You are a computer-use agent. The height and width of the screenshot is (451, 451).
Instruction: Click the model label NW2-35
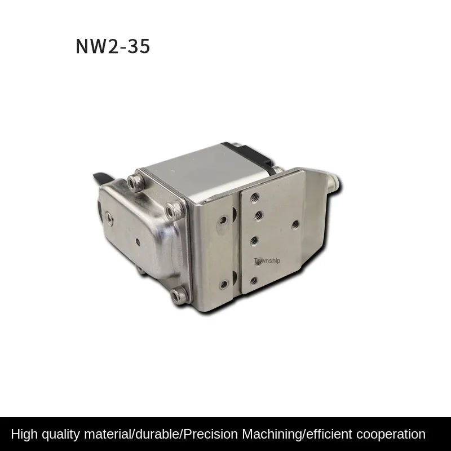[x=113, y=46]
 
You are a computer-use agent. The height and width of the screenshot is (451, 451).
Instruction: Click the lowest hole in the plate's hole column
[x=254, y=280]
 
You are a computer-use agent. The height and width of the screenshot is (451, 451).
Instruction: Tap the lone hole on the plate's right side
[x=295, y=224]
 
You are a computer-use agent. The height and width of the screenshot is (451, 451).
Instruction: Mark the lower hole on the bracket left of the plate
[x=224, y=284]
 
